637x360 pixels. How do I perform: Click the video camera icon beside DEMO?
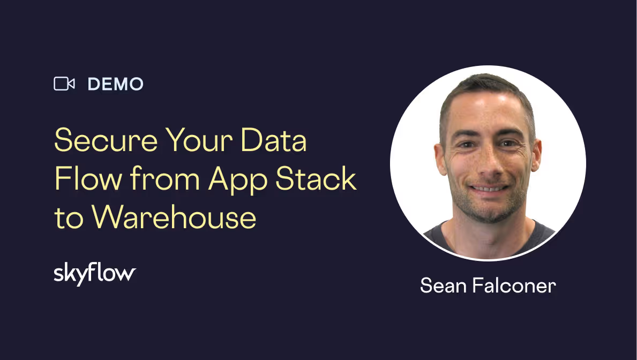tap(64, 84)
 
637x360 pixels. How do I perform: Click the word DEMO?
tap(115, 84)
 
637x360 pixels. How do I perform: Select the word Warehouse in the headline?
tap(174, 217)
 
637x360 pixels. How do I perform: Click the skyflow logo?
tap(95, 274)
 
